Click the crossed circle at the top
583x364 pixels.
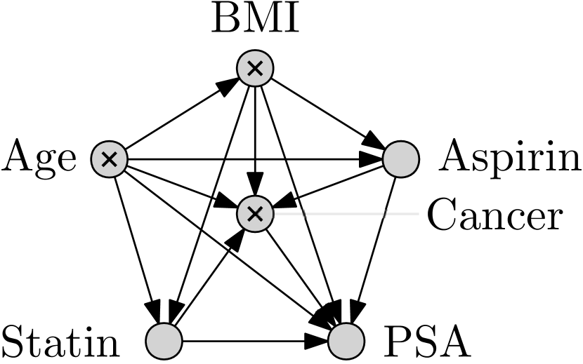[255, 68]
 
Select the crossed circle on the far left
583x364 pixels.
[109, 159]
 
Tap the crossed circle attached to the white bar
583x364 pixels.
[255, 214]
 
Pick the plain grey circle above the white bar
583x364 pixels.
[401, 159]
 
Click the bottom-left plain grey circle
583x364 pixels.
[164, 341]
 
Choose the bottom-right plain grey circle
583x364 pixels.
[346, 341]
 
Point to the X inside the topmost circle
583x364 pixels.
[255, 68]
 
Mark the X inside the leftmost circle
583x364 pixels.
[109, 159]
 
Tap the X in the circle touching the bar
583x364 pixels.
[255, 214]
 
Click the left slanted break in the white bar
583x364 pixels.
[304, 214]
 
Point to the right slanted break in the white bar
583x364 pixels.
[385, 214]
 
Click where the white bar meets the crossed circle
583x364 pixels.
[273, 214]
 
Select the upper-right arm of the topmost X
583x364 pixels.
[260, 63]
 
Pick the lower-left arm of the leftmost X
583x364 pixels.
[104, 164]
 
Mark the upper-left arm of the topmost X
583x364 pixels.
[250, 63]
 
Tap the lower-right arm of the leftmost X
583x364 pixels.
[114, 164]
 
